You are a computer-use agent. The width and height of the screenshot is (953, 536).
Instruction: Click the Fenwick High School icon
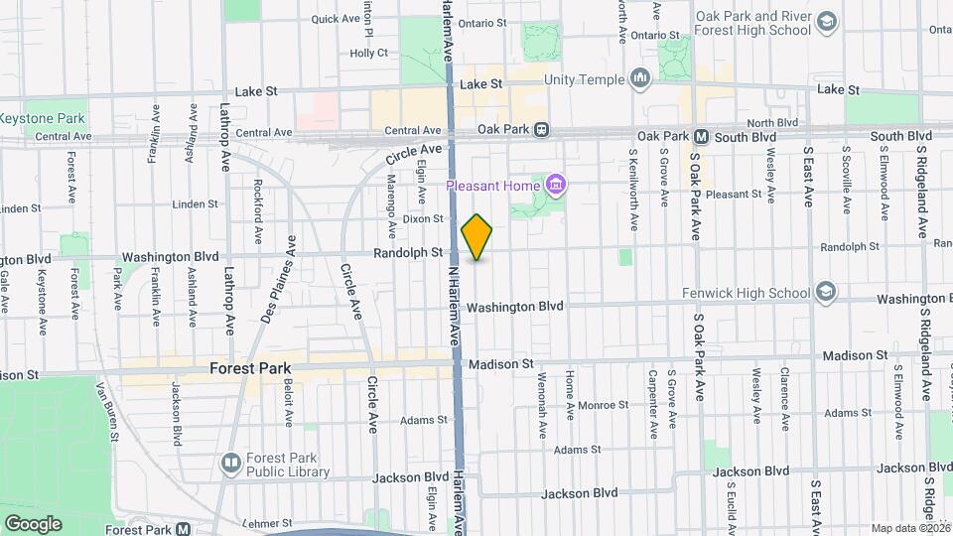(825, 293)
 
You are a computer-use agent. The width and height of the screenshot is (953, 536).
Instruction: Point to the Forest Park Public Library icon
(231, 463)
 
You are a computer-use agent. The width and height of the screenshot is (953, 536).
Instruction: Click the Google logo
(33, 523)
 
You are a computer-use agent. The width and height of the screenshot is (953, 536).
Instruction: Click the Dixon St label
(422, 218)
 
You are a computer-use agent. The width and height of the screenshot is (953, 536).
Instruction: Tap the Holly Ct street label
(368, 53)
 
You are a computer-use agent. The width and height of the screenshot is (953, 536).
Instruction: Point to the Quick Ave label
(335, 19)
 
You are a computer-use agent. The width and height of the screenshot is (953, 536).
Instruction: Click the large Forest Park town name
(251, 367)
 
